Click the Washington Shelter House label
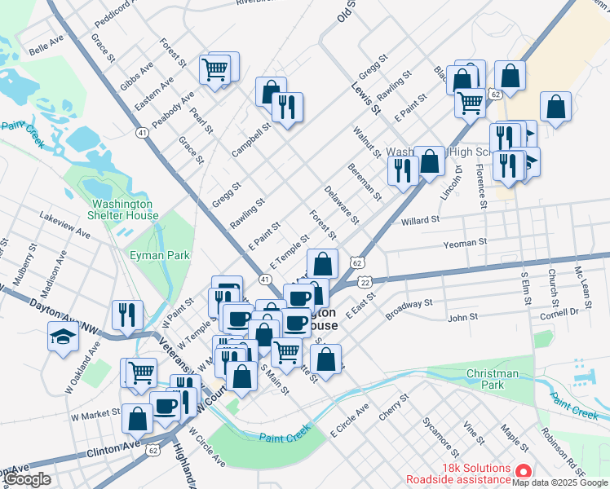122,209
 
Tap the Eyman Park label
160,255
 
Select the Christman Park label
492,378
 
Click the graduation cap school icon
63,336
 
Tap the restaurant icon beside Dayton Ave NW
127,314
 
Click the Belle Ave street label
46,46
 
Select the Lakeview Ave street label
64,226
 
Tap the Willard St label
420,220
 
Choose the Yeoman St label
465,242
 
